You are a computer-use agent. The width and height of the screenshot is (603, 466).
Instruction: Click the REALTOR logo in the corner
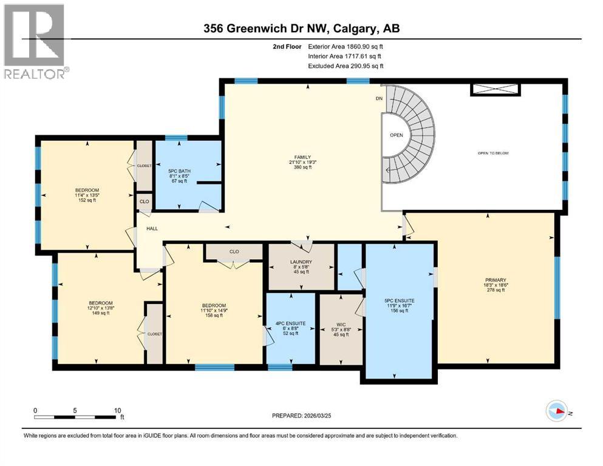pyautogui.click(x=35, y=41)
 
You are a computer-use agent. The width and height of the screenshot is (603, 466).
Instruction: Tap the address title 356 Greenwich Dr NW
pyautogui.click(x=301, y=29)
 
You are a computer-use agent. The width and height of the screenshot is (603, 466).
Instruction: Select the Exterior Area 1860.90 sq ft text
pyautogui.click(x=346, y=46)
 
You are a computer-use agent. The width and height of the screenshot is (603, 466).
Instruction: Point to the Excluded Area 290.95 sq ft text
pyautogui.click(x=346, y=66)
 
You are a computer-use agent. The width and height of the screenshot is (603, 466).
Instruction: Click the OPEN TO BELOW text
pyautogui.click(x=493, y=153)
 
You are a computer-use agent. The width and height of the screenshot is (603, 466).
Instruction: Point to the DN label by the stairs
pyautogui.click(x=379, y=98)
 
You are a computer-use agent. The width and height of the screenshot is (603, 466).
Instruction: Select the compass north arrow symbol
pyautogui.click(x=557, y=412)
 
